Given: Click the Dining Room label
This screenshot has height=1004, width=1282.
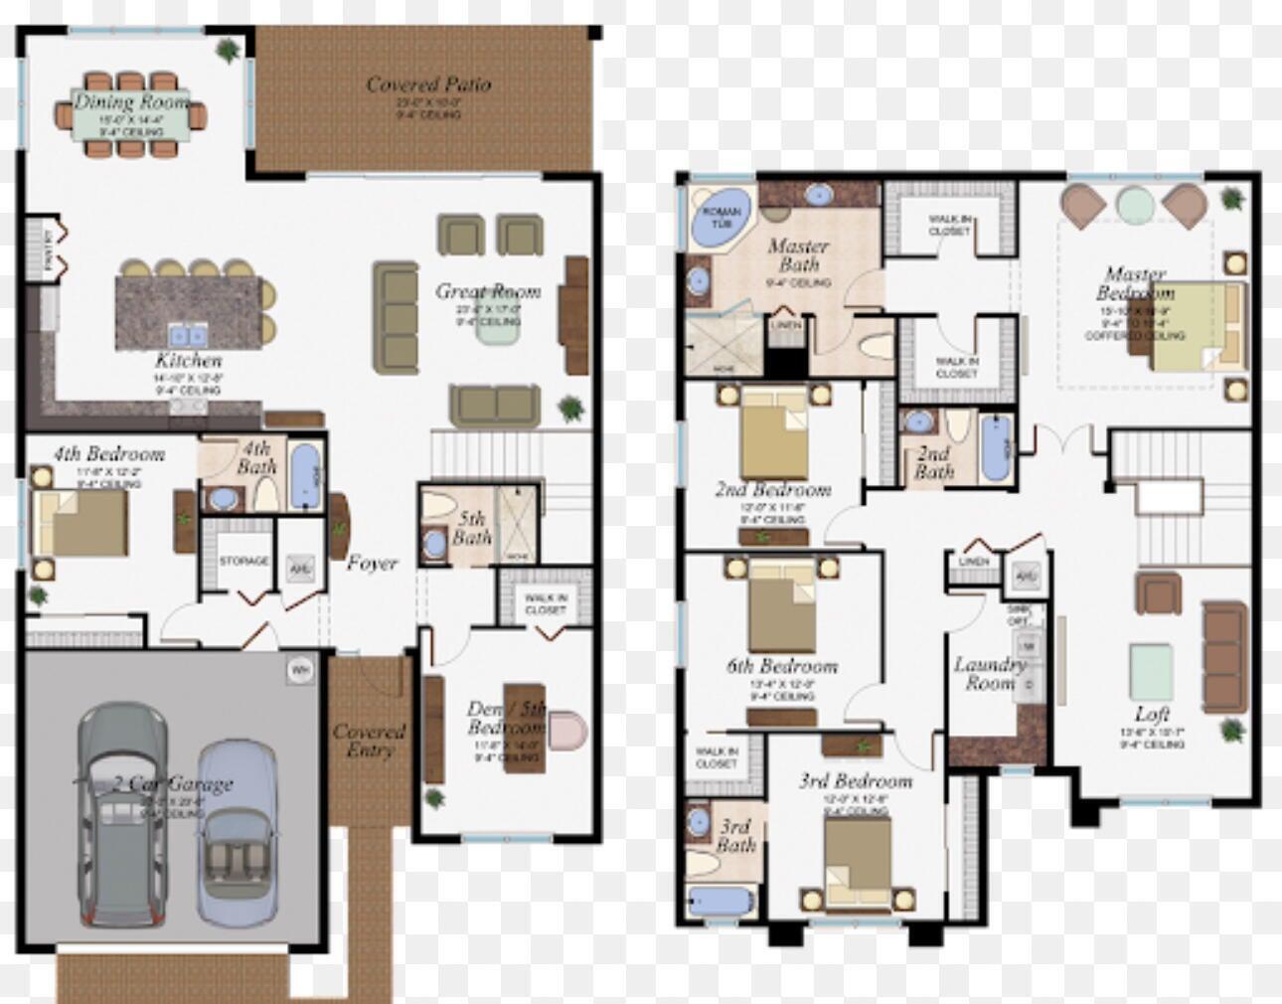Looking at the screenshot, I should point(131,102).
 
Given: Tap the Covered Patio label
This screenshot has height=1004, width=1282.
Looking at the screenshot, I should point(428,84).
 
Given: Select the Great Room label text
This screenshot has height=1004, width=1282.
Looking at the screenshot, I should point(488,291).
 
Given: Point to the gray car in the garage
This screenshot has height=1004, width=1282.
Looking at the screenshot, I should point(122,815).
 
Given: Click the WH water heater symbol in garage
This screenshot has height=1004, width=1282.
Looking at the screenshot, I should point(300,671).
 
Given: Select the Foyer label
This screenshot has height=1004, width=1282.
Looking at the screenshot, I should point(372,564).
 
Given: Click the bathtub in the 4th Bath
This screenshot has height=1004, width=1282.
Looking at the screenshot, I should point(305,475).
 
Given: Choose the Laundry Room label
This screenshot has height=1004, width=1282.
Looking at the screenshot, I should point(989,673).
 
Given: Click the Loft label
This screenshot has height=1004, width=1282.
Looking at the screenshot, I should point(1152,714).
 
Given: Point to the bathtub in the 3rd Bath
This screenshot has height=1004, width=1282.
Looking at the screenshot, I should point(720,901).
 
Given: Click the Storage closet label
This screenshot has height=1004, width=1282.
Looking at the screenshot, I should point(243,561).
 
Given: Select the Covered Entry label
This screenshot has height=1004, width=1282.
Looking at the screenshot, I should point(369,740).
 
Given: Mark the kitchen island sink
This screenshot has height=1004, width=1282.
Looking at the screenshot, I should point(186,334).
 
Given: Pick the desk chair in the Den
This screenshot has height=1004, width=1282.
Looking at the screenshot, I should point(567,731).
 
